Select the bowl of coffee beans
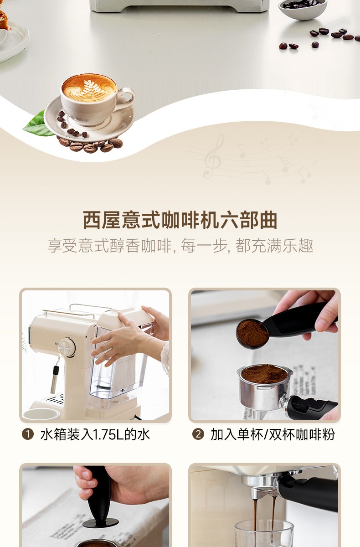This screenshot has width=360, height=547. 303,9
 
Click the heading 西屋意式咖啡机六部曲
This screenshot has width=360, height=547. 180,220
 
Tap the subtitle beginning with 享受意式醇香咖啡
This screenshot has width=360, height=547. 180,246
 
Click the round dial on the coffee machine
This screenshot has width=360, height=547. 67,347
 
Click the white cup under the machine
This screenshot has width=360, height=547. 41,414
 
